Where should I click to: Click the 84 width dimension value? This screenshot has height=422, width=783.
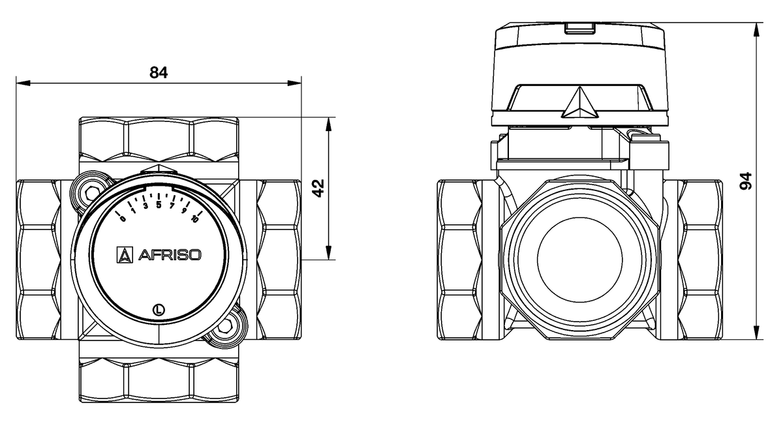159,72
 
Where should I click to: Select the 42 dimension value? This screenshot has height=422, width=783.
318,188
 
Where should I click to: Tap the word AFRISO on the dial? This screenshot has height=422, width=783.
168,255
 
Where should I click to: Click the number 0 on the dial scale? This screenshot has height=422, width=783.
123,218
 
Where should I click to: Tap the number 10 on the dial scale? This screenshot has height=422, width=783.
194,219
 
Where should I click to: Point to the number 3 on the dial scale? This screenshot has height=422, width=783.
146,206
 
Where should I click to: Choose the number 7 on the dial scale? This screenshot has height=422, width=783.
172,206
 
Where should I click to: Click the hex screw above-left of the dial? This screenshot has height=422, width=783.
91,189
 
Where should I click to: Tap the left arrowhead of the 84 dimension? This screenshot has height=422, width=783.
20,83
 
